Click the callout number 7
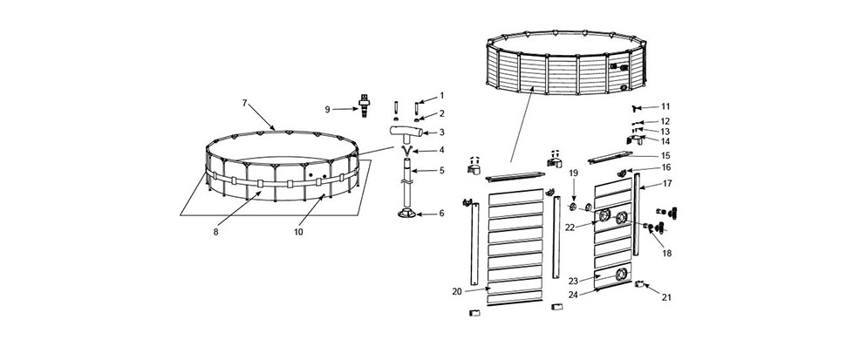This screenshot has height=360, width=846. (x=244, y=102)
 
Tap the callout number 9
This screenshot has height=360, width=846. (x=327, y=110)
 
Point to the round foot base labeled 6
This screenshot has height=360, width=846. (x=407, y=214)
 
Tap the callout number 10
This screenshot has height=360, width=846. (x=298, y=232)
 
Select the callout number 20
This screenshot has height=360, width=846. (x=457, y=291)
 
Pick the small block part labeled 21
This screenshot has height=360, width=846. (x=640, y=284)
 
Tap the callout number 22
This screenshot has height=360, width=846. (x=570, y=228)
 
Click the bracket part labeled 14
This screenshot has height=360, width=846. (x=635, y=140)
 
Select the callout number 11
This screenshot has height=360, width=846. (x=665, y=106)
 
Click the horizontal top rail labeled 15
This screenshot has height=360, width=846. (x=610, y=158)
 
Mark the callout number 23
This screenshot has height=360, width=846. (x=573, y=281)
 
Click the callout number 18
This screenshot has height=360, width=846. (x=667, y=254)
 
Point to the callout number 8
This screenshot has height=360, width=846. (x=215, y=232)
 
